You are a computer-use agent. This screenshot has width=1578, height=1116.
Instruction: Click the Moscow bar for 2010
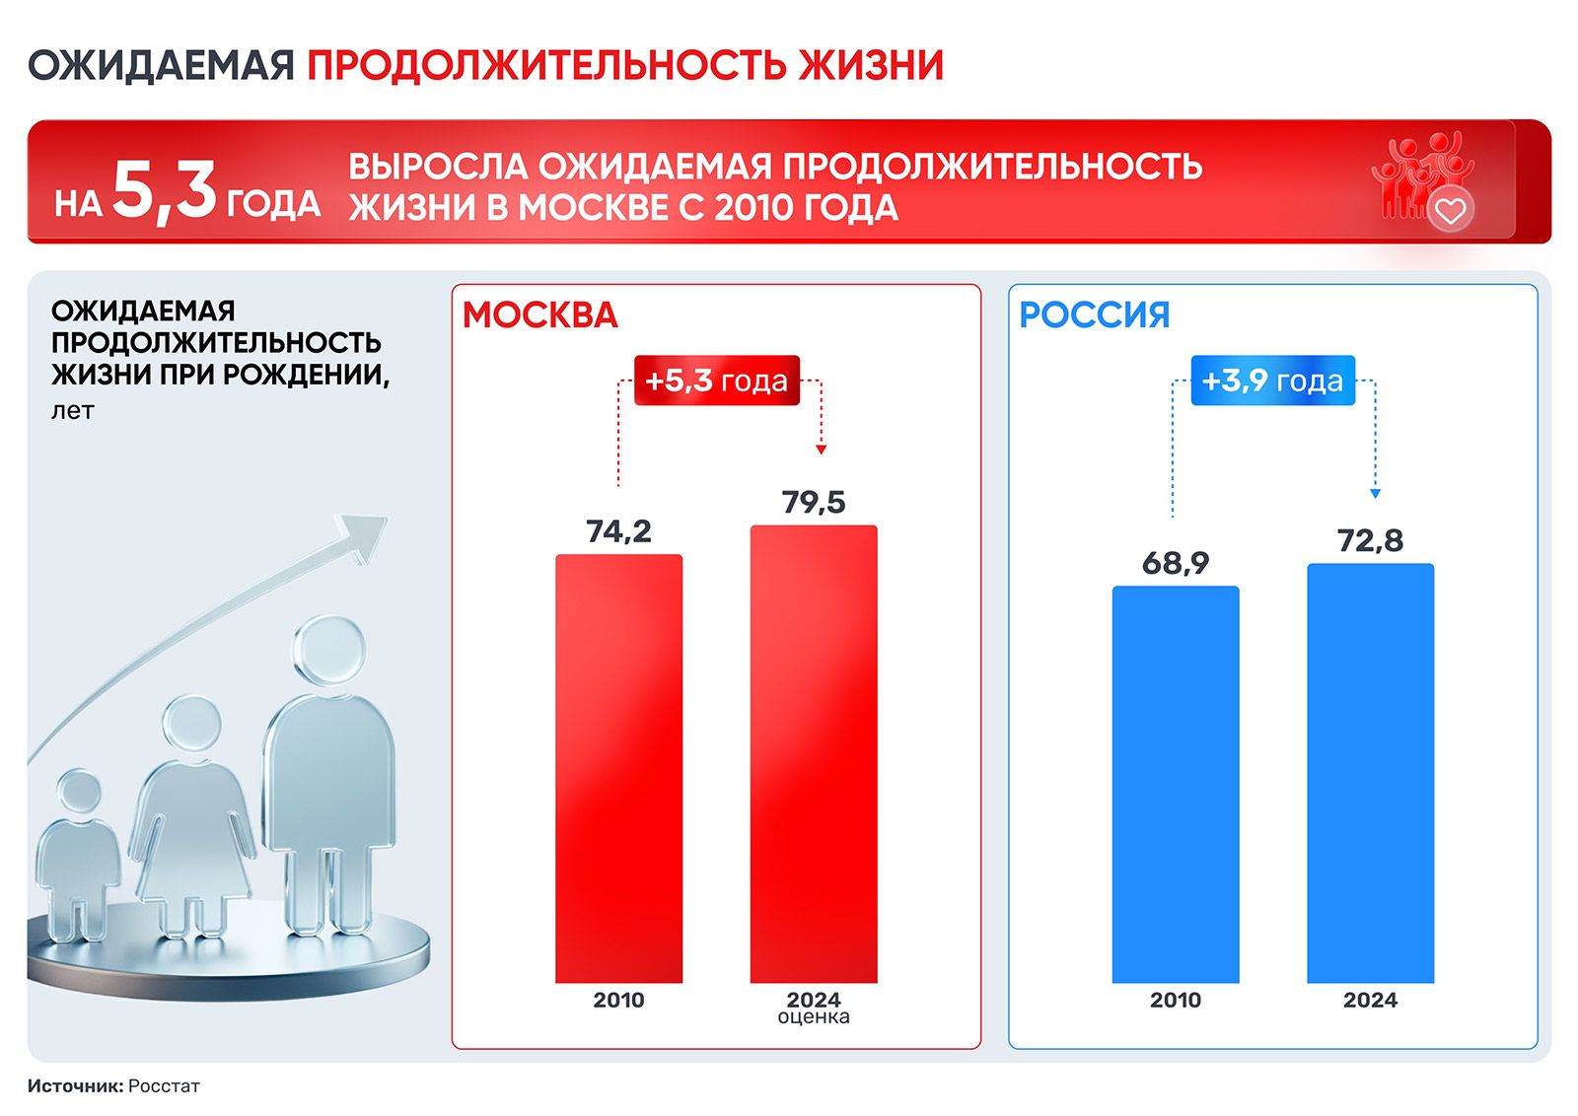[618, 768]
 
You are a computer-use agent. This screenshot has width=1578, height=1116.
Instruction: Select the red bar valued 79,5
[814, 753]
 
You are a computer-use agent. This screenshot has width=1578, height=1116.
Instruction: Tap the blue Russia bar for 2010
[1175, 785]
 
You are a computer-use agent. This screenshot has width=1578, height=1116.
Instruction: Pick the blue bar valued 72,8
[1370, 773]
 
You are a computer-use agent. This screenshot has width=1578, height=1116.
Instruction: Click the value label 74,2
[618, 531]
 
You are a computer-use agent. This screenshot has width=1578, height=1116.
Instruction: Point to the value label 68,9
[1175, 563]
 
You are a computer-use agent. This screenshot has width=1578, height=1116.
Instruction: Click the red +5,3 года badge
[716, 381]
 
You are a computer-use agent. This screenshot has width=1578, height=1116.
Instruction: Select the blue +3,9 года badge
[1273, 381]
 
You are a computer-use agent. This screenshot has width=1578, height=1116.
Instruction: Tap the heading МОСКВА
[539, 314]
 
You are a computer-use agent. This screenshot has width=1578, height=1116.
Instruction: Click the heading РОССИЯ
[1094, 314]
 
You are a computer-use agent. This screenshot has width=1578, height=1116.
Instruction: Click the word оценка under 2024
[814, 1017]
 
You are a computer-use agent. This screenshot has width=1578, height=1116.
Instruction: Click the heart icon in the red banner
[1451, 210]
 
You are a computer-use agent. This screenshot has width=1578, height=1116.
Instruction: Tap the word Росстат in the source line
[164, 1085]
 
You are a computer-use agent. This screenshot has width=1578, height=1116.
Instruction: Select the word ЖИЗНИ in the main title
[871, 65]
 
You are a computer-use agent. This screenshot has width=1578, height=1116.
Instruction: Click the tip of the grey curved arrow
[387, 519]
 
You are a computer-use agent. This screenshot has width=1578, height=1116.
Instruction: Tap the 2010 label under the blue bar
[1175, 1000]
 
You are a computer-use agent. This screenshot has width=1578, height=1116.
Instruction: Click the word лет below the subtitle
[72, 410]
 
